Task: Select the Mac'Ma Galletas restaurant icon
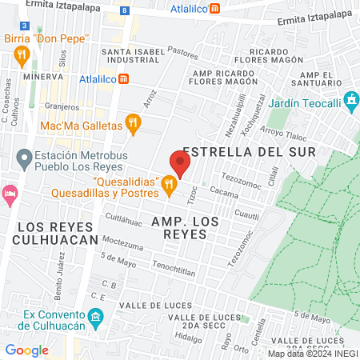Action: [133, 125]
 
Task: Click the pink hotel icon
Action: [10, 194]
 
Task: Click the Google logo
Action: [26, 350]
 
